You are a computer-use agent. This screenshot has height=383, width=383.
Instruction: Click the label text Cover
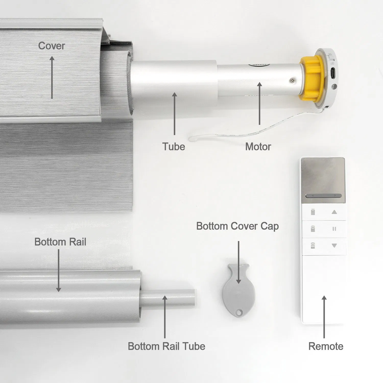pos(52,46)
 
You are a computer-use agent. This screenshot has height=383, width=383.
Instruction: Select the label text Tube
pos(174,147)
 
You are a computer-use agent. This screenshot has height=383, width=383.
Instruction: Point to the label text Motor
pos(258,147)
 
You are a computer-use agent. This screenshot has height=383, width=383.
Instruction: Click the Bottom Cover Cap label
pos(237,226)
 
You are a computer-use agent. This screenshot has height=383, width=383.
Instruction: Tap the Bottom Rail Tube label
pos(166,346)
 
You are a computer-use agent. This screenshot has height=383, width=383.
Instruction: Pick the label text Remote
pos(326,346)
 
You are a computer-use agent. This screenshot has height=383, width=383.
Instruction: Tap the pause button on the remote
pos(334,229)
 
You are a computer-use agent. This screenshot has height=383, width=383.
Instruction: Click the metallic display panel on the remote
pos(323,176)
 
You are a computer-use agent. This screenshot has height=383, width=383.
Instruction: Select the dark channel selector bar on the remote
pos(323,196)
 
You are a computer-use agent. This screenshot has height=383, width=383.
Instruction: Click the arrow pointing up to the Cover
pos(52,77)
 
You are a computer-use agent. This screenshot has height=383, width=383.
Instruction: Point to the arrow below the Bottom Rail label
pos(58,271)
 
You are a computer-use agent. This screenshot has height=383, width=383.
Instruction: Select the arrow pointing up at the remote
pos(324,317)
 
